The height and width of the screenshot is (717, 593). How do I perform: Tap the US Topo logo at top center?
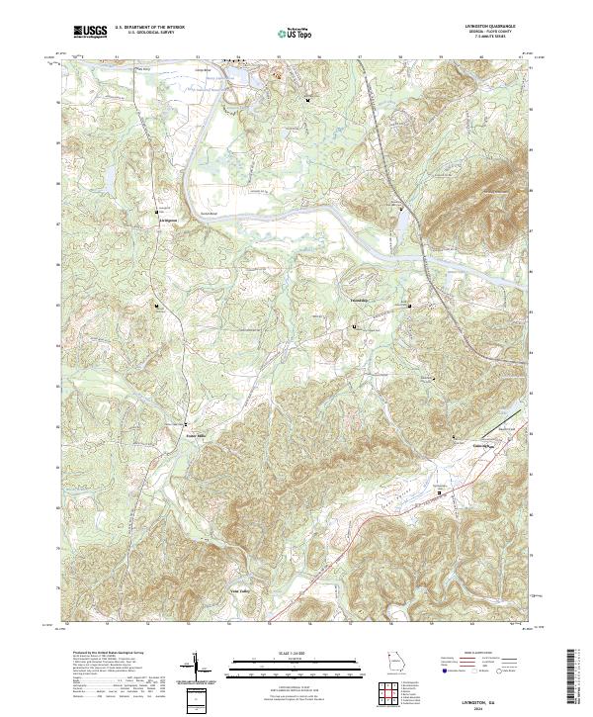(x=295, y=34)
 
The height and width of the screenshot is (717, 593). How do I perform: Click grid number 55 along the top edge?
(x=279, y=57)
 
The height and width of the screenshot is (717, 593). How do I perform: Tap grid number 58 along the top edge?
(x=400, y=57)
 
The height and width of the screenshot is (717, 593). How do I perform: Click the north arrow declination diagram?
(x=197, y=670)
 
